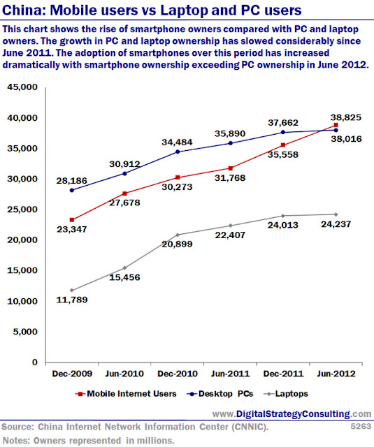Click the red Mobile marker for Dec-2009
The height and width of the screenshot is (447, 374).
tap(72, 220)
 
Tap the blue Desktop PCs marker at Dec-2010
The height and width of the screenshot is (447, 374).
tap(178, 152)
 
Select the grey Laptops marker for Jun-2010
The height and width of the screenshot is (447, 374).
tap(124, 268)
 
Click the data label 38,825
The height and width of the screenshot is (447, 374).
tap(346, 117)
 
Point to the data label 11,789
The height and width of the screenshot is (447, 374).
tap(72, 300)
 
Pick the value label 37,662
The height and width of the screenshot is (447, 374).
tap(283, 123)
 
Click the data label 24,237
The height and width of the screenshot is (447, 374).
tap(336, 224)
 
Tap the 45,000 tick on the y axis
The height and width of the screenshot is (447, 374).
tap(22, 87)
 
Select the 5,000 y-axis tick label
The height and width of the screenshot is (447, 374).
tap(25, 332)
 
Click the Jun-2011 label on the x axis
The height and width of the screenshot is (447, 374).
tap(230, 374)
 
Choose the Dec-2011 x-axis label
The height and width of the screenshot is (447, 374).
tap(283, 374)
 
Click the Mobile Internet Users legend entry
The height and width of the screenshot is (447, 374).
tap(126, 394)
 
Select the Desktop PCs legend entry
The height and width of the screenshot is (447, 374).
tap(220, 394)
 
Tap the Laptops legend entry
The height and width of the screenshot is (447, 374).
tap(286, 394)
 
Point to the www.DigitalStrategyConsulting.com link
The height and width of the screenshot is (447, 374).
tap(292, 414)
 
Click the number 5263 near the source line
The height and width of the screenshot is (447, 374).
tap(361, 426)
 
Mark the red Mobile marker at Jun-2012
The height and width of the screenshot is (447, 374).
tap(336, 125)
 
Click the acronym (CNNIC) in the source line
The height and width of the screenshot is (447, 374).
tap(250, 427)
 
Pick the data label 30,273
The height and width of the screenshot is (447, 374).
tap(177, 187)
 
